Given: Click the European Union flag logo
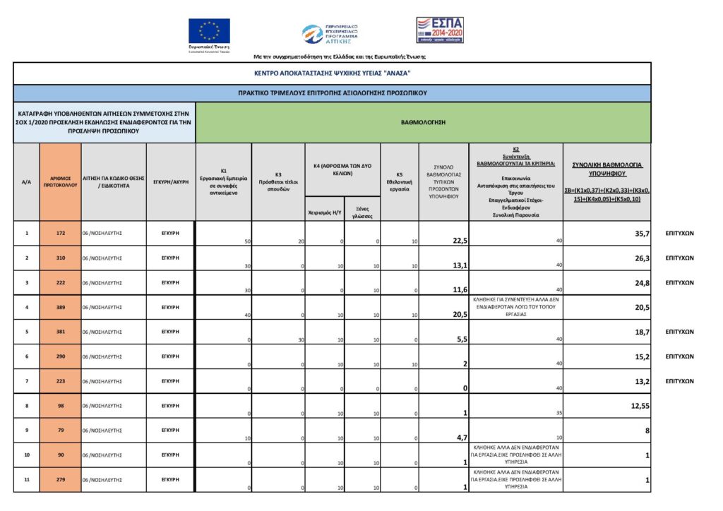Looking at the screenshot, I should point(209,32).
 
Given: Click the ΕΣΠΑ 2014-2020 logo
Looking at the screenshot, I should point(439,30).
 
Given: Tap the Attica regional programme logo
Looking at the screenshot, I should point(330,33).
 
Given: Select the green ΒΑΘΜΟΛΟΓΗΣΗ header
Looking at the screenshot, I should point(423,122).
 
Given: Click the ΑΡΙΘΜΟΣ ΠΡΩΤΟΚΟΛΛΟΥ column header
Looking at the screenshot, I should point(61,181).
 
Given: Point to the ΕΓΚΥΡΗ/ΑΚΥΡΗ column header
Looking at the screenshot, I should point(171,181).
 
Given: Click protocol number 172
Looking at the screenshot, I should point(61,233).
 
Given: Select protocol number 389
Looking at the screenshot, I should point(61,307).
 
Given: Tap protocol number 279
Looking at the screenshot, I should point(61,480).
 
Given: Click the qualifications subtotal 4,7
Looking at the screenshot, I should point(459,438).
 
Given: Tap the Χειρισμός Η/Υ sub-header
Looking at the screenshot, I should point(324,211).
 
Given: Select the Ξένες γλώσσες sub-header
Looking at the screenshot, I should point(362,212).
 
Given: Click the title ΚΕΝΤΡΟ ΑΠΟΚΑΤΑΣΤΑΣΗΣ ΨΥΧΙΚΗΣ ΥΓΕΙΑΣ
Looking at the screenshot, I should point(332,73).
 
